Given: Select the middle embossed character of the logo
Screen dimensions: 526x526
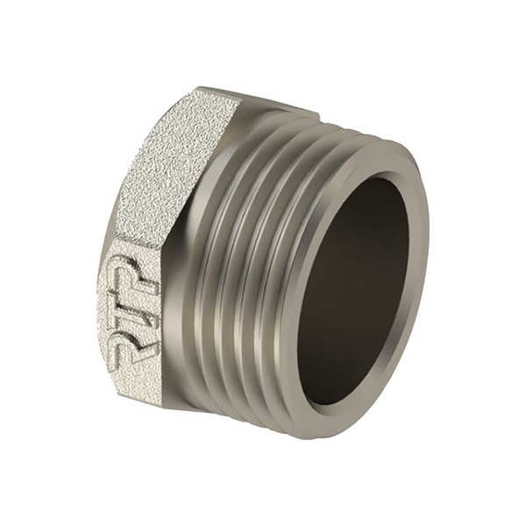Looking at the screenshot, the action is click(135, 295).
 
